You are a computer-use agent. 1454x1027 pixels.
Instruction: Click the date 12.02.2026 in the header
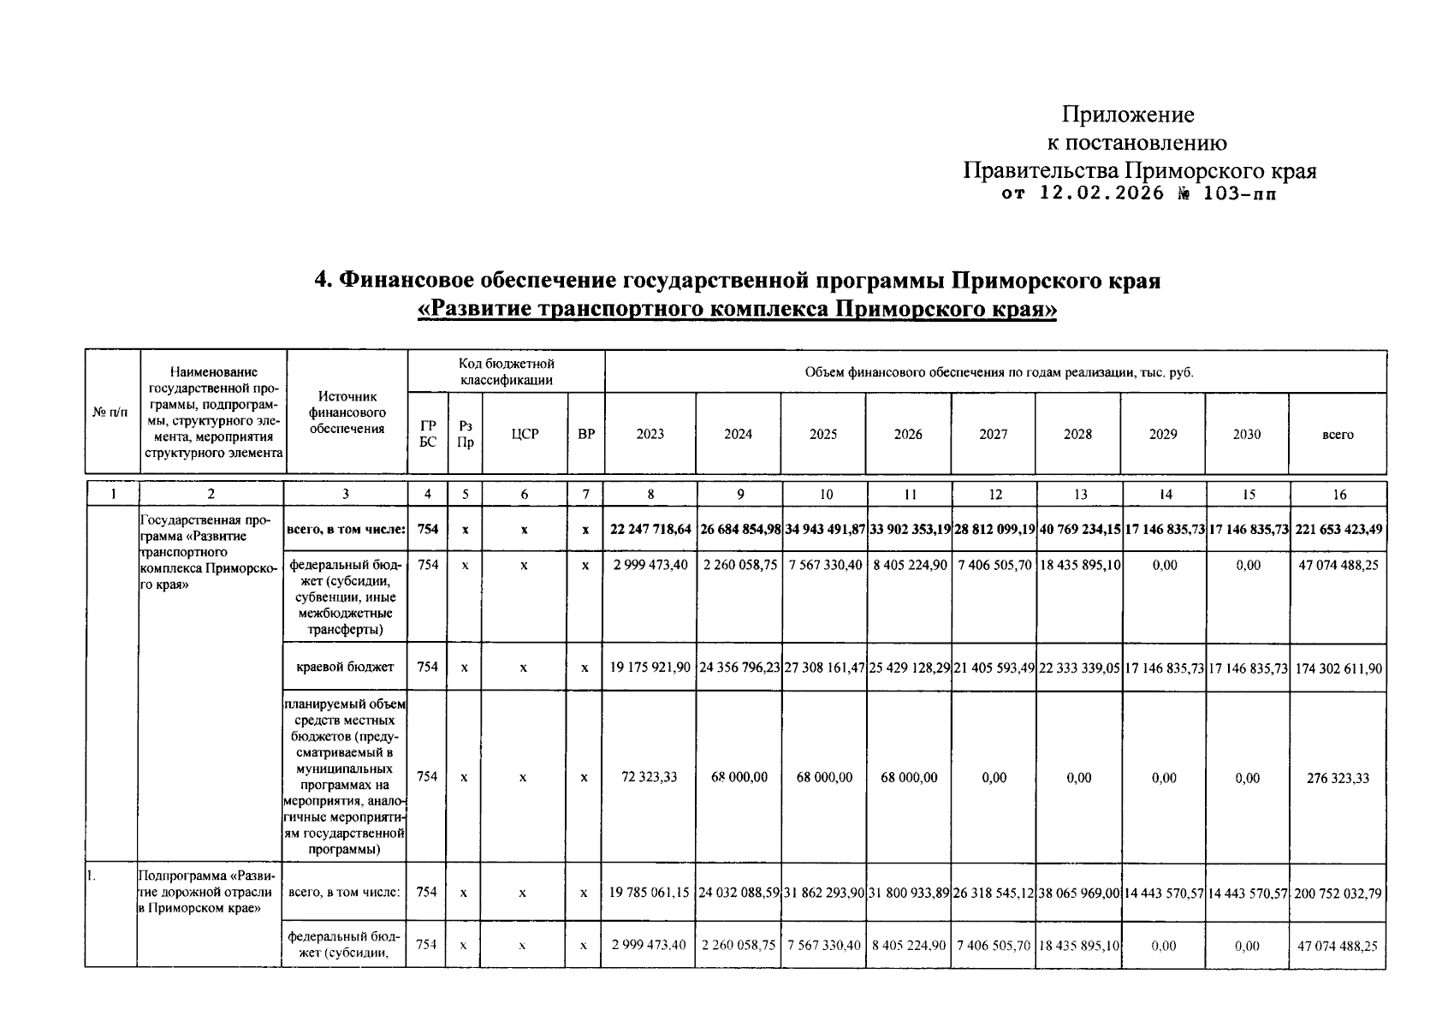point(1101,193)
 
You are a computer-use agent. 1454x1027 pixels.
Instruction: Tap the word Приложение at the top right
point(1127,114)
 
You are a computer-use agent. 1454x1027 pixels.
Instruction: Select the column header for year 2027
point(993,434)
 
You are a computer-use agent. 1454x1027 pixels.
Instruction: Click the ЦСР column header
point(525,434)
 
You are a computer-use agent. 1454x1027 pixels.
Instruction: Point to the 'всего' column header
point(1338,435)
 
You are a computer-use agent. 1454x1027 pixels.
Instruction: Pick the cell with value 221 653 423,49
point(1338,530)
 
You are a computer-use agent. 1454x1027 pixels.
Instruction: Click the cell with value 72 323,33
point(650,777)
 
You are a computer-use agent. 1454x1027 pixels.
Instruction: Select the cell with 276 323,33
point(1338,778)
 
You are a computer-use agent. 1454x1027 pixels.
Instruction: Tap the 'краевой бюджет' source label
point(346,667)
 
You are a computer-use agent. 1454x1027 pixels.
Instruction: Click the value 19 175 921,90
point(650,667)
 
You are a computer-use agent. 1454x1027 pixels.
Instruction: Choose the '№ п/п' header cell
point(111,413)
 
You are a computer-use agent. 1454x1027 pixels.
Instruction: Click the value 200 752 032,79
point(1338,893)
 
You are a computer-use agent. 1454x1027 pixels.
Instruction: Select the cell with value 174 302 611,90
point(1338,668)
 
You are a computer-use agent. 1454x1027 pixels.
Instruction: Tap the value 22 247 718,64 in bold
point(650,530)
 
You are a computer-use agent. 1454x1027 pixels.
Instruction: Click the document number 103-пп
point(1238,193)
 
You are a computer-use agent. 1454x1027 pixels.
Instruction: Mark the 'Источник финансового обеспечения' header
point(347,413)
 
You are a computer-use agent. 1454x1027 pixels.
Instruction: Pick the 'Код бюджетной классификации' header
point(507,371)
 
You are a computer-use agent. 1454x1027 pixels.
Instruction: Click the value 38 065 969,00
point(1078,893)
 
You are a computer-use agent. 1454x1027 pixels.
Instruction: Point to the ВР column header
point(585,434)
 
